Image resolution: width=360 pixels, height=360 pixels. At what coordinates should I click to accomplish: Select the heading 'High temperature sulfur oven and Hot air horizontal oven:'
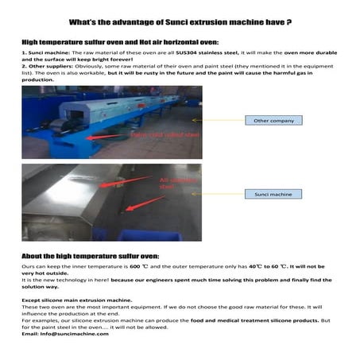119,38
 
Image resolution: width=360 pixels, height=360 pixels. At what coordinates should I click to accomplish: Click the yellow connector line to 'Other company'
222,120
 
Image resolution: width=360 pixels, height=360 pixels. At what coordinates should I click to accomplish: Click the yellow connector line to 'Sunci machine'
222,194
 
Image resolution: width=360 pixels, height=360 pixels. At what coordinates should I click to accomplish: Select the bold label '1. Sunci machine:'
41,51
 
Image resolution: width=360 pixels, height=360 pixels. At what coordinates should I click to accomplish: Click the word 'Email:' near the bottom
33,334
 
